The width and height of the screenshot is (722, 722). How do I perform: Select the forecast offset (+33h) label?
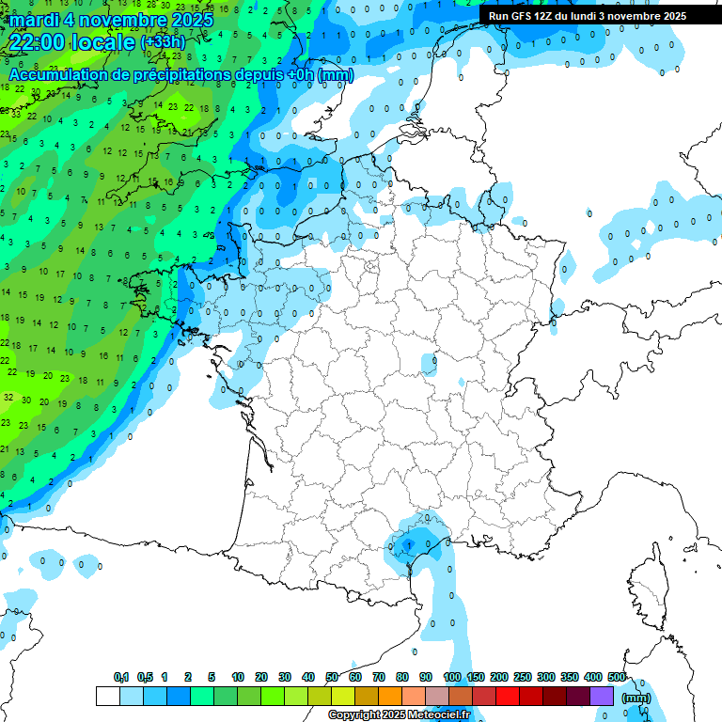[164, 43]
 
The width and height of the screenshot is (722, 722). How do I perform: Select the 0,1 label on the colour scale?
[121, 678]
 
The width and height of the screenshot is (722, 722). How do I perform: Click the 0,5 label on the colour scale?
[145, 678]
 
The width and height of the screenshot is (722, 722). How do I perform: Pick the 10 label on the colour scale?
[238, 678]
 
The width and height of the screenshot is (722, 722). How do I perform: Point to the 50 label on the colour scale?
[332, 678]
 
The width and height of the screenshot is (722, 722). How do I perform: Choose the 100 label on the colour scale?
[451, 678]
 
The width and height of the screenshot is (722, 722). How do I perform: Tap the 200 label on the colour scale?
[498, 678]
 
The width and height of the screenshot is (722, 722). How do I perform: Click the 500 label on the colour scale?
[617, 678]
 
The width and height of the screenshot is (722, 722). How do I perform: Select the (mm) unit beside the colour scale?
[636, 698]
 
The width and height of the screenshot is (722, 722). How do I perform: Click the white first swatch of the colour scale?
[107, 697]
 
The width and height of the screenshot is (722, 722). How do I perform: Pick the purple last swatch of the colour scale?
[602, 697]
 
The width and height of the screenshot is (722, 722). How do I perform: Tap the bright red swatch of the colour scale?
[508, 697]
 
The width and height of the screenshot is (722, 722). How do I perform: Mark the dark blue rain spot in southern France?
[408, 543]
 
